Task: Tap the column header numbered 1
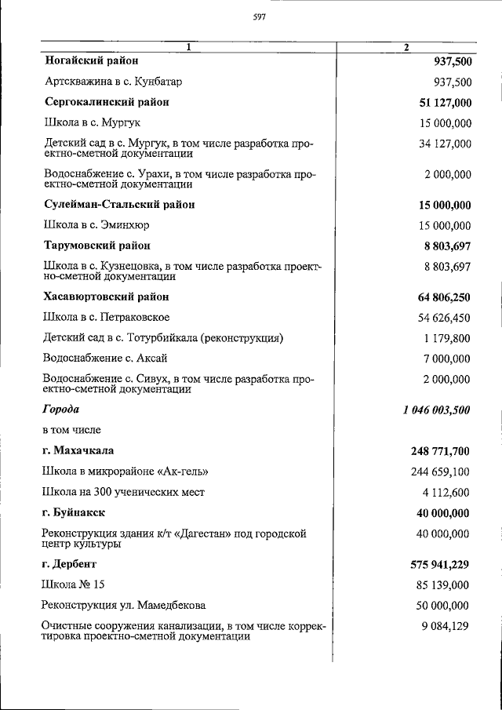point(188,47)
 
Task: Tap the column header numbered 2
point(406,47)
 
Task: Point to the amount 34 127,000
point(445,143)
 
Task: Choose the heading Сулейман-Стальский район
point(118,205)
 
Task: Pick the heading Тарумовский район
point(96,246)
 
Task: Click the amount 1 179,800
point(447,338)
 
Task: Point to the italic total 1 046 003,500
point(430,410)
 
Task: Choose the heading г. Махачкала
point(78,451)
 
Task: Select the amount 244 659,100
point(441,472)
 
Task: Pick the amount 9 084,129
point(445,625)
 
